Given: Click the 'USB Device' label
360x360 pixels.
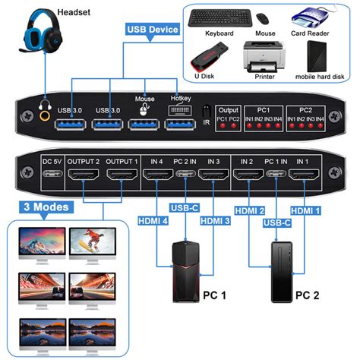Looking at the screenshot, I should (x=153, y=30).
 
